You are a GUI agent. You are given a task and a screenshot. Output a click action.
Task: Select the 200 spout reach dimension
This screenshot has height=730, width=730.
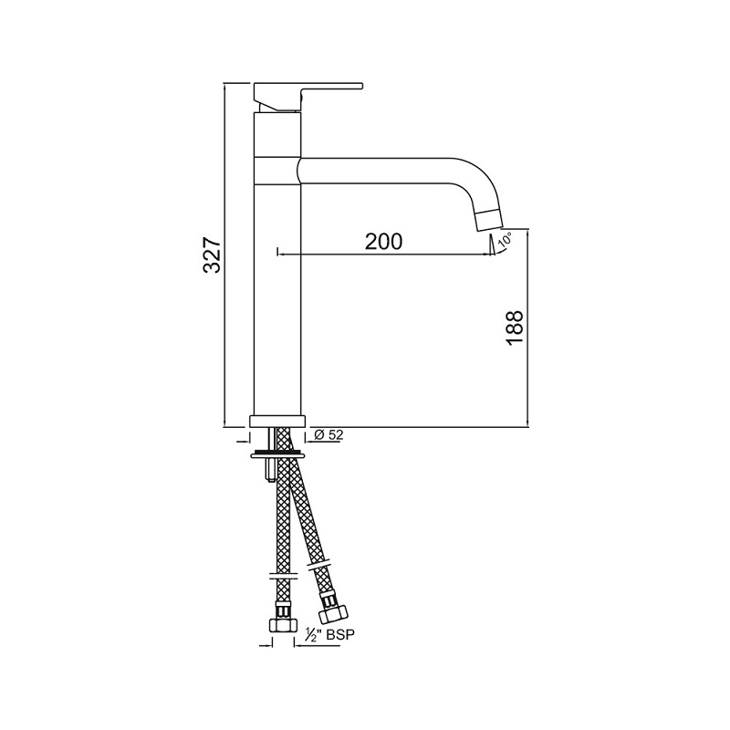point(383,242)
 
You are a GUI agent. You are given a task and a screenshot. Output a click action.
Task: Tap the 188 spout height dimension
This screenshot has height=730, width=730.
point(514,327)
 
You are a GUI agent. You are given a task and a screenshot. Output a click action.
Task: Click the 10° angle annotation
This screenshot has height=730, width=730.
point(506,242)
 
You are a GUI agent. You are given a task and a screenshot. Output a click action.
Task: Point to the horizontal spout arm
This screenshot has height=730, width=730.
point(383,169)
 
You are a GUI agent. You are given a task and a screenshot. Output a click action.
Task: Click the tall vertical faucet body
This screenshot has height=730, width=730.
point(276,292)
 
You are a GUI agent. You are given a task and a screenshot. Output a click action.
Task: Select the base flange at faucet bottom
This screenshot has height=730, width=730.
point(276,422)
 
